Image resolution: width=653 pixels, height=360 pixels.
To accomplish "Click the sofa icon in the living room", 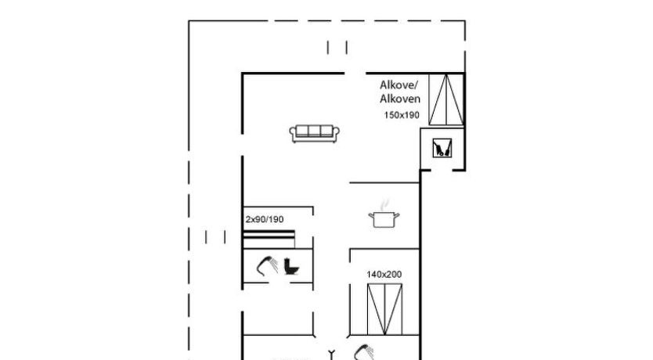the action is tap(315, 134).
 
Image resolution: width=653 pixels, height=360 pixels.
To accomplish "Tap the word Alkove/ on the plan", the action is tap(398, 85).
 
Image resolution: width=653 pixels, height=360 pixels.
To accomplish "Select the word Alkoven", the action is tap(400, 99).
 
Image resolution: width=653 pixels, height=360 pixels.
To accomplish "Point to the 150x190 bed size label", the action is tap(402, 115).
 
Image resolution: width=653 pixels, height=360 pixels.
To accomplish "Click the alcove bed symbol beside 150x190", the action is tap(446, 99).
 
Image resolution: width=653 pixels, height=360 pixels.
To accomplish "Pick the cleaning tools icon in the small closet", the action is tap(442, 148).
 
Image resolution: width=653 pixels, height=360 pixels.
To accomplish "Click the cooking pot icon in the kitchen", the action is tap(384, 219).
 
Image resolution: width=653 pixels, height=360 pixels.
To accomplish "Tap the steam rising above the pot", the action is tap(384, 204).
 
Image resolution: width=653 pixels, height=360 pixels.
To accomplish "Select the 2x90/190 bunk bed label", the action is tap(265, 219).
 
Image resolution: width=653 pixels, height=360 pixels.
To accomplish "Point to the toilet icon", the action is tap(291, 267).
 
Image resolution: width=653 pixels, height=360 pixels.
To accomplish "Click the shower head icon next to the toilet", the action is tap(267, 266).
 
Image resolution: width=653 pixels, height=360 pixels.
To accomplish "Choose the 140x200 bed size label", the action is tap(384, 274).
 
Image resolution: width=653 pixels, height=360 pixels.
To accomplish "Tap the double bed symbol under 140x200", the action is tap(384, 309).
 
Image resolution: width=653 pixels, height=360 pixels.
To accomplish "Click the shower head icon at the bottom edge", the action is tap(363, 352).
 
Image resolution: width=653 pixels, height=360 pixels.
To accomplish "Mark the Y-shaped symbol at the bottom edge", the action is tap(332, 355).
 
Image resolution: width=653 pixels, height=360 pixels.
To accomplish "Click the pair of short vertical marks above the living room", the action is tap(337, 48).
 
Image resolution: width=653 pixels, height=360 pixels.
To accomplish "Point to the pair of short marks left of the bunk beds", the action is tap(215, 237).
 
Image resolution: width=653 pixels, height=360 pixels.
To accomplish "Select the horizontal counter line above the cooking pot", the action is tap(384, 182).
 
